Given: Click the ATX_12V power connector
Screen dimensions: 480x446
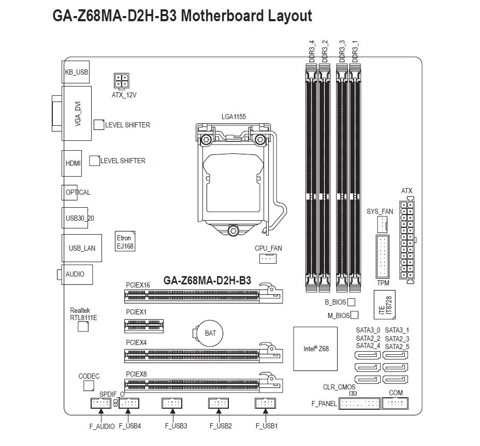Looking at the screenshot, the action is pyautogui.click(x=122, y=81).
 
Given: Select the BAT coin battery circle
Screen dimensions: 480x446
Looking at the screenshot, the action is pyautogui.click(x=210, y=333).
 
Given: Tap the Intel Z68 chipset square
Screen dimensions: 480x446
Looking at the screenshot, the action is pyautogui.click(x=315, y=349).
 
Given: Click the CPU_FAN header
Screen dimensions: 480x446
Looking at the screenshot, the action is pyautogui.click(x=268, y=258).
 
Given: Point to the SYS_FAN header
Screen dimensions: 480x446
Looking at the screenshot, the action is pyautogui.click(x=382, y=224).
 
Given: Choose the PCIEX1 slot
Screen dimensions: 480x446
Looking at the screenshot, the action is pyautogui.click(x=144, y=326).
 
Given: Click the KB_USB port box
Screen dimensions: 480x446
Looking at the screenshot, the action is pyautogui.click(x=76, y=72).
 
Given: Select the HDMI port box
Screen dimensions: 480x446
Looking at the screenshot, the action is pyautogui.click(x=72, y=163).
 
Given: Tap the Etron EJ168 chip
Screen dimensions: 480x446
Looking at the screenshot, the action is pyautogui.click(x=125, y=241).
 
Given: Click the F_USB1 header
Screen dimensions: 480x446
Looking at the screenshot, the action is pyautogui.click(x=266, y=403).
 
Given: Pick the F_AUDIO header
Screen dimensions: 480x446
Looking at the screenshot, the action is pyautogui.click(x=101, y=403).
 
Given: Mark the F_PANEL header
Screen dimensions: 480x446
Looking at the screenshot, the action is pyautogui.click(x=359, y=404).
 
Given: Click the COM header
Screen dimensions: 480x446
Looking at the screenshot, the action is pyautogui.click(x=395, y=403).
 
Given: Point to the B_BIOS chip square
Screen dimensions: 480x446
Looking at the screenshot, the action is pyautogui.click(x=352, y=303).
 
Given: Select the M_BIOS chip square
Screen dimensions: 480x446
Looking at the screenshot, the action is pyautogui.click(x=355, y=315).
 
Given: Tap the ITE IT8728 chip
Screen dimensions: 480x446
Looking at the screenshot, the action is pyautogui.click(x=385, y=305).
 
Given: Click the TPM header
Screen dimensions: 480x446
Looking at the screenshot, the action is pyautogui.click(x=382, y=257).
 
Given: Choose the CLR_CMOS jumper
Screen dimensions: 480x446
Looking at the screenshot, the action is pyautogui.click(x=353, y=393).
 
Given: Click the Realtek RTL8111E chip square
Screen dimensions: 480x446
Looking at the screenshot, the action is pyautogui.click(x=83, y=326).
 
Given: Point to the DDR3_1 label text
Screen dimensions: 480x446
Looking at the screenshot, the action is pyautogui.click(x=355, y=51).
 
